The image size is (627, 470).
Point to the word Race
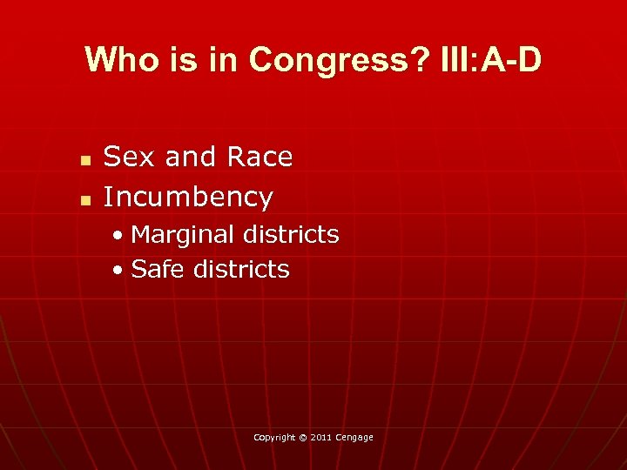pyautogui.click(x=259, y=157)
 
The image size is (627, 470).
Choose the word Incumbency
pyautogui.click(x=188, y=197)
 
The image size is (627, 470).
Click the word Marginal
pyautogui.click(x=183, y=234)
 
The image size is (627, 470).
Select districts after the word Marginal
pyautogui.click(x=291, y=234)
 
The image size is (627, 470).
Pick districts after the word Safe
pyautogui.click(x=241, y=269)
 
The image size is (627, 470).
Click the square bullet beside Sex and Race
pyautogui.click(x=84, y=161)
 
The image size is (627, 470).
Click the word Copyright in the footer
pyautogui.click(x=275, y=437)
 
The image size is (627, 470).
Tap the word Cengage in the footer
pyautogui.click(x=355, y=437)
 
